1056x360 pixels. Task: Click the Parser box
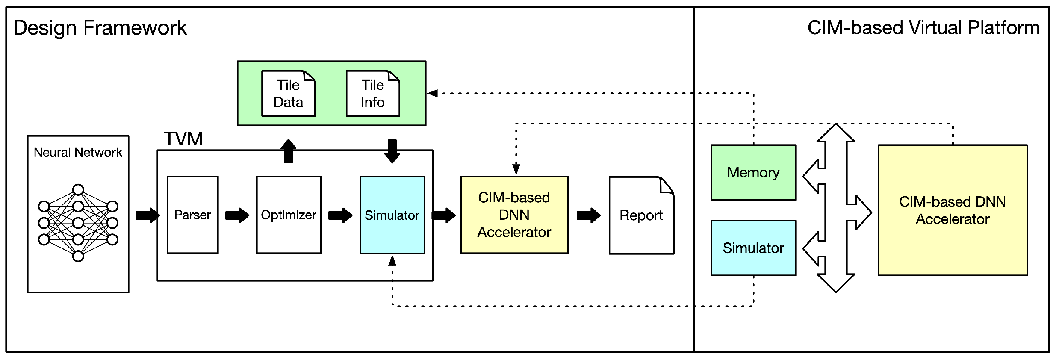[192, 215]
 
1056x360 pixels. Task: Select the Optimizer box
[289, 215]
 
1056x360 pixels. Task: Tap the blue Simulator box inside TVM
[392, 215]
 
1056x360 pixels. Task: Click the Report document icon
[641, 215]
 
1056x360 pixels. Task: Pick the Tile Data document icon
[288, 94]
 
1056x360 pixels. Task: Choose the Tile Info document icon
[372, 94]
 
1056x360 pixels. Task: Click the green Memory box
[753, 172]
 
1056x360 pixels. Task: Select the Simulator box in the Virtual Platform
[753, 248]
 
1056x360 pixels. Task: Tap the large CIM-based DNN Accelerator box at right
[952, 210]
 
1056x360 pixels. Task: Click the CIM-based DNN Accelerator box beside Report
[514, 215]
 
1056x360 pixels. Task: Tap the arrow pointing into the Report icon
[589, 215]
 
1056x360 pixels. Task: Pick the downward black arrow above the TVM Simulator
[392, 151]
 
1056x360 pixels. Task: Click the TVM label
[183, 139]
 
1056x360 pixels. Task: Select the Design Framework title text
[100, 28]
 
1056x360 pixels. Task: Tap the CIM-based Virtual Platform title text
[923, 28]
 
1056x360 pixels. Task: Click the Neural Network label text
[78, 153]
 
